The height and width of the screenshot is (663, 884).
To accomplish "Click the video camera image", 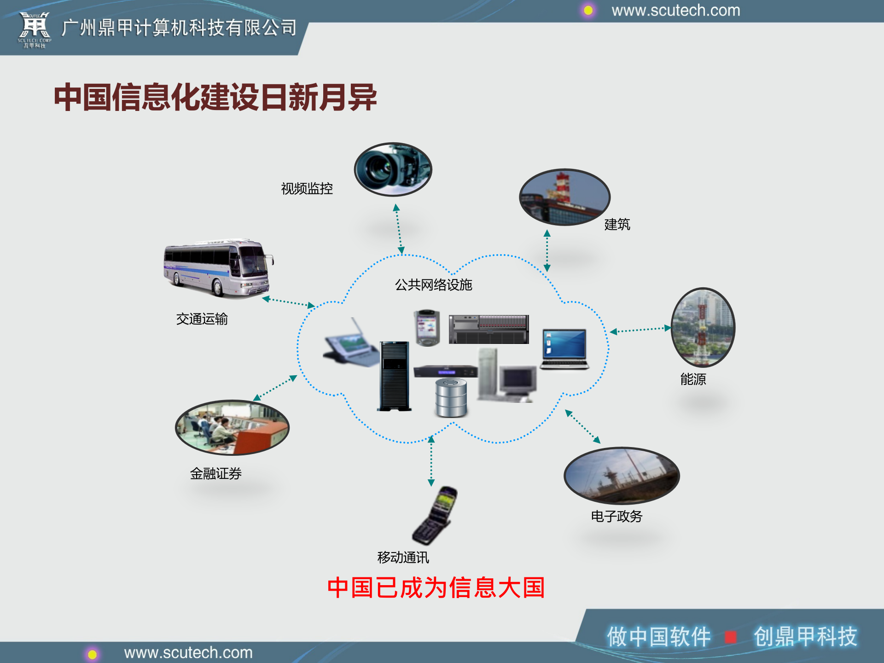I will pyautogui.click(x=393, y=169).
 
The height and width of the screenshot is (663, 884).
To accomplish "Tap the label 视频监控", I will pyautogui.click(x=307, y=189).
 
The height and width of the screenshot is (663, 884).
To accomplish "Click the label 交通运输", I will pyautogui.click(x=202, y=319).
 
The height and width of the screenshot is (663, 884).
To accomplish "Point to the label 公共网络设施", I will pyautogui.click(x=433, y=285).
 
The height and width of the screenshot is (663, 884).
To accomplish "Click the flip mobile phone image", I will pyautogui.click(x=436, y=516).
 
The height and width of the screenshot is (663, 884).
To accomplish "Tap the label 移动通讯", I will pyautogui.click(x=403, y=558).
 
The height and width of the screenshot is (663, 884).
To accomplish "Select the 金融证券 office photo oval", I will pyautogui.click(x=232, y=427).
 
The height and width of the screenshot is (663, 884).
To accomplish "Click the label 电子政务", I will pyautogui.click(x=616, y=516).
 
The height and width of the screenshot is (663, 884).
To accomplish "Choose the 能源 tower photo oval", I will pyautogui.click(x=703, y=327).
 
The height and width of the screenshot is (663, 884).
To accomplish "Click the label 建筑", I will pyautogui.click(x=617, y=225).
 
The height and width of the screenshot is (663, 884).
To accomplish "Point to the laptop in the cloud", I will pyautogui.click(x=564, y=349).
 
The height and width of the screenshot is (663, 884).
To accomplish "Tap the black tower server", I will pyautogui.click(x=394, y=376).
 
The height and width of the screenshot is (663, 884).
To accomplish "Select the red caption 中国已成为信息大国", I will pyautogui.click(x=436, y=588).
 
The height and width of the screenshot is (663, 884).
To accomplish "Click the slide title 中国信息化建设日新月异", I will pyautogui.click(x=215, y=97).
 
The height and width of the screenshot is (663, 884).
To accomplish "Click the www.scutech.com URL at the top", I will pyautogui.click(x=675, y=10).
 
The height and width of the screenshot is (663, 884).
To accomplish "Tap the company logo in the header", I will pyautogui.click(x=35, y=29).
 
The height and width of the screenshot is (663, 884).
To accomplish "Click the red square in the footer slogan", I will pyautogui.click(x=730, y=637).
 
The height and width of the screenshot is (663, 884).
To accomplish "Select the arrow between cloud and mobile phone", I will pyautogui.click(x=431, y=460).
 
